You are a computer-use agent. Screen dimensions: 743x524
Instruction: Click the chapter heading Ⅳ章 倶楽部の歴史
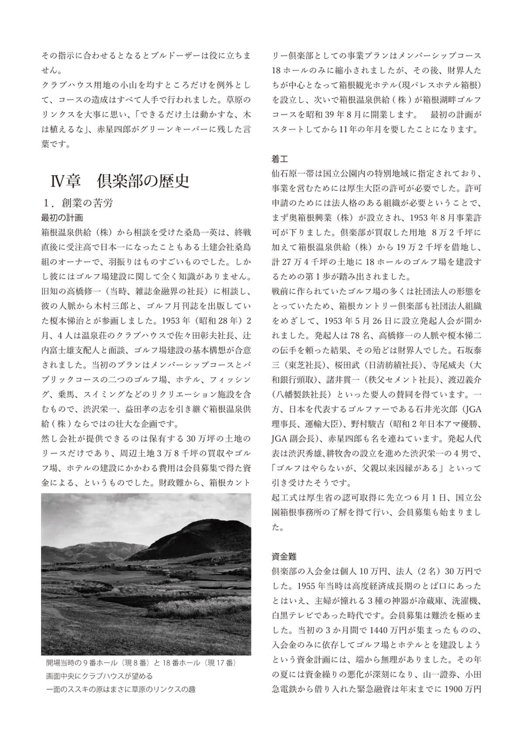[120, 181]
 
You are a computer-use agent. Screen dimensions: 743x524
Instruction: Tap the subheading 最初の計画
[62, 217]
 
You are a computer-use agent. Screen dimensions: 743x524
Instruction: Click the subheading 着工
[279, 159]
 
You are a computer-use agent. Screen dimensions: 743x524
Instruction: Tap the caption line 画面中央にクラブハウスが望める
[100, 676]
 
